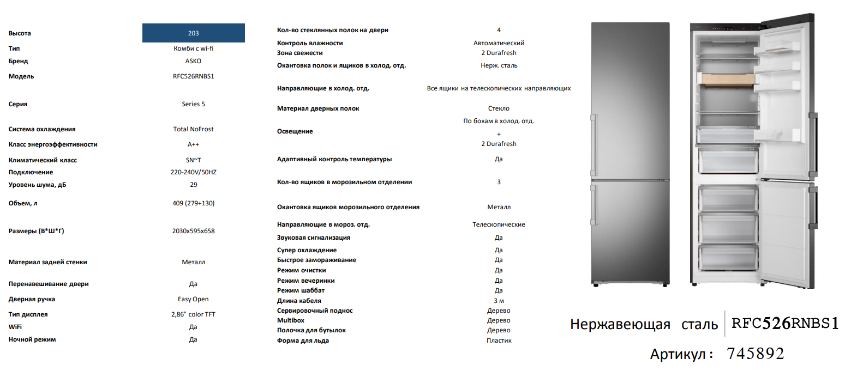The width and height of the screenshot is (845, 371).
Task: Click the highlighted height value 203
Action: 193,33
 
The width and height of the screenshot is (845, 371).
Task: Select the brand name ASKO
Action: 193,61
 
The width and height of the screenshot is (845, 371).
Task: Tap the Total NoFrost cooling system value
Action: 193,129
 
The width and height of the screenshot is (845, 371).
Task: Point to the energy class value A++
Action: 193,144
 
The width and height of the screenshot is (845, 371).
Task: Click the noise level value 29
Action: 193,185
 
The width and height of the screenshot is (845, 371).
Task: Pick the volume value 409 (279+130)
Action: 193,203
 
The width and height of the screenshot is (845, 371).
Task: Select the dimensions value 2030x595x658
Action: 193,231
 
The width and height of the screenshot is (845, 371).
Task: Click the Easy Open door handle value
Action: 193,299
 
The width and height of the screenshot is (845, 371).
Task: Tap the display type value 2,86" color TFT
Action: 193,314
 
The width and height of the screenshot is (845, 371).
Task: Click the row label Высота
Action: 20,33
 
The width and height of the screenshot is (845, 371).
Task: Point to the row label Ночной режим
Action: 32,339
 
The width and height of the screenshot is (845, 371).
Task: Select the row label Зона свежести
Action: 299,53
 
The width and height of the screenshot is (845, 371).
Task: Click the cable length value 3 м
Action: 499,301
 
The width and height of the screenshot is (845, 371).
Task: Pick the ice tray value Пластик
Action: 499,340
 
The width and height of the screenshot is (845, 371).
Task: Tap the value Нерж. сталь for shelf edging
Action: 499,65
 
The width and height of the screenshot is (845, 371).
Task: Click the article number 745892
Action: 756,354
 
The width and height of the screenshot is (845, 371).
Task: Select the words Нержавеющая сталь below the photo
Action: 644,325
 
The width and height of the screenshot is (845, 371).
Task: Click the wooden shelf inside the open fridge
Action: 728,80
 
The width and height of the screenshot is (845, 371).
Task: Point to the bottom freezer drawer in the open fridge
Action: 727,256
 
